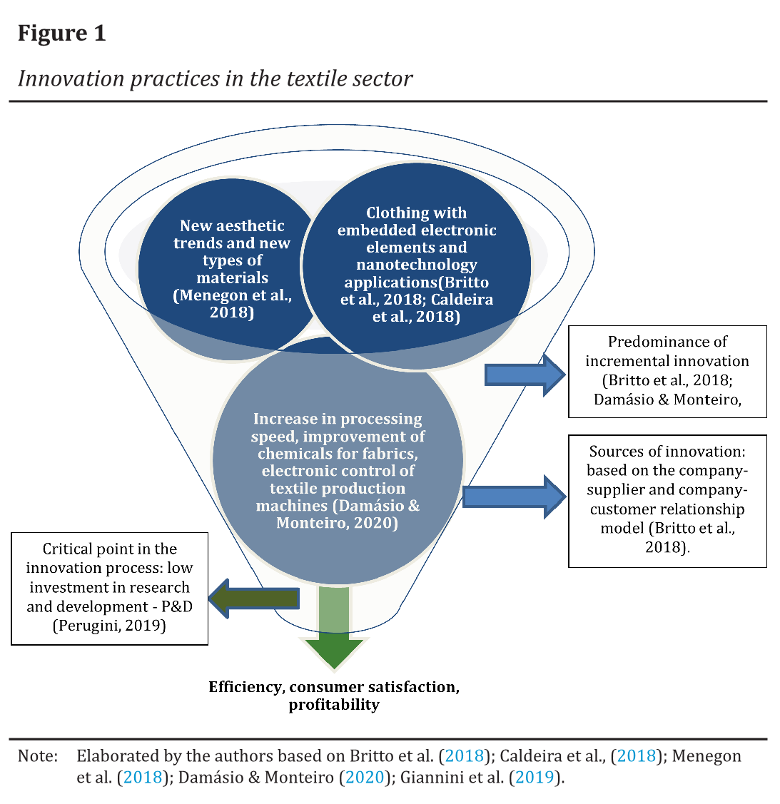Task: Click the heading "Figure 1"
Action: pyautogui.click(x=62, y=33)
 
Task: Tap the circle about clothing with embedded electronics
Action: pyautogui.click(x=416, y=265)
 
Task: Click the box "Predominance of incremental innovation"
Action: pyautogui.click(x=667, y=371)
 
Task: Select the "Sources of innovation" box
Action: pyautogui.click(x=667, y=500)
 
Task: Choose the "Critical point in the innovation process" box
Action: pyautogui.click(x=109, y=588)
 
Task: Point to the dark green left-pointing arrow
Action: pyautogui.click(x=253, y=598)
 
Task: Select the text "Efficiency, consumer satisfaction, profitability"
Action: pyautogui.click(x=334, y=696)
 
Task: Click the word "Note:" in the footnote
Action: pyautogui.click(x=38, y=756)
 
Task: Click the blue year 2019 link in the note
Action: pyautogui.click(x=535, y=777)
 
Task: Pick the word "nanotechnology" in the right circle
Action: pyautogui.click(x=417, y=265)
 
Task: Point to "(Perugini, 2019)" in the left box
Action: pyautogui.click(x=109, y=626)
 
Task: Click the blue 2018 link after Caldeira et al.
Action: pyautogui.click(x=637, y=756)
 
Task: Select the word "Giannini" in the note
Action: pyautogui.click(x=427, y=777)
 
